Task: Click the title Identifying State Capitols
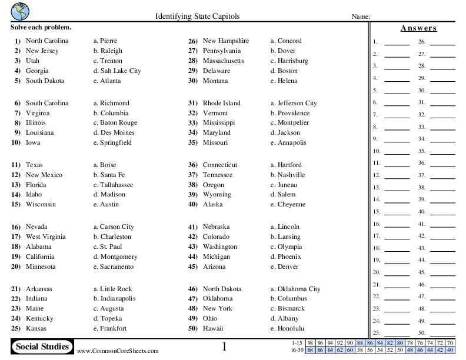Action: (x=197, y=16)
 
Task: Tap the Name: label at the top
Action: (x=360, y=17)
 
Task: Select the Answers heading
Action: (x=418, y=28)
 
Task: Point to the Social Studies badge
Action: (x=42, y=346)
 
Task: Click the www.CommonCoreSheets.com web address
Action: (x=117, y=351)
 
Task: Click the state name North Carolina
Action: (x=47, y=41)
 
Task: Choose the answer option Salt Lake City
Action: (x=120, y=71)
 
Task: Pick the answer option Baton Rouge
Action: (x=118, y=123)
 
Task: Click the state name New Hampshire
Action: (x=225, y=41)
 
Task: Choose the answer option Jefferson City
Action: (x=297, y=104)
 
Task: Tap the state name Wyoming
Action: (x=217, y=195)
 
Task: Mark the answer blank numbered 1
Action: (x=397, y=42)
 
